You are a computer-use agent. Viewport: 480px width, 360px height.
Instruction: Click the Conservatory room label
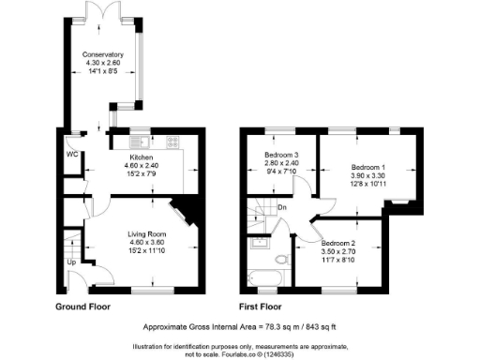pos(102,54)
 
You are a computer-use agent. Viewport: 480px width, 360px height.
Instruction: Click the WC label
pos(72,155)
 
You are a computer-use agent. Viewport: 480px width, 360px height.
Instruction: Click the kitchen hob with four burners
pos(172,142)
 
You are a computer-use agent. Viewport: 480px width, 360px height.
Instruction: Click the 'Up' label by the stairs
pos(72,262)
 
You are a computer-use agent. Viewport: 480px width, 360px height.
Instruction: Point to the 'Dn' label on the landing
pos(281,208)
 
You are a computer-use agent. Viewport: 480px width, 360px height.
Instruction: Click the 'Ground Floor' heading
pos(86,307)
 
